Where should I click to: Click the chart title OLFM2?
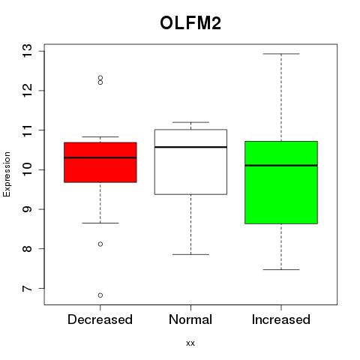point(190,23)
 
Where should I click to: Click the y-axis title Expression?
point(7,174)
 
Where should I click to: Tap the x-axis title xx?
point(190,343)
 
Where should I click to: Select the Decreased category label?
point(100,319)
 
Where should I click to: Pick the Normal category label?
point(190,319)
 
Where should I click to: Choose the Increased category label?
point(281,319)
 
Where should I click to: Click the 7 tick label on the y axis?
point(27,289)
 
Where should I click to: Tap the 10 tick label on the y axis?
point(27,169)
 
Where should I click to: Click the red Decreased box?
point(100,162)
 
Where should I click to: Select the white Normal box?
point(190,162)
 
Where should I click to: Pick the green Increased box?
point(281,182)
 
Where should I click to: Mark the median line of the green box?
point(281,166)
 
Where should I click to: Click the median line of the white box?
point(190,147)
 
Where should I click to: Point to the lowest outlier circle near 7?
point(100,295)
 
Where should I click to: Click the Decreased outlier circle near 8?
point(100,244)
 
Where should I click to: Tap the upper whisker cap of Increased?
point(281,54)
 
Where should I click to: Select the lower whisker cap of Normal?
point(190,254)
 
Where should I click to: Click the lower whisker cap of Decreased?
point(100,223)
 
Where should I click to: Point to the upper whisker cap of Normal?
point(190,122)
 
